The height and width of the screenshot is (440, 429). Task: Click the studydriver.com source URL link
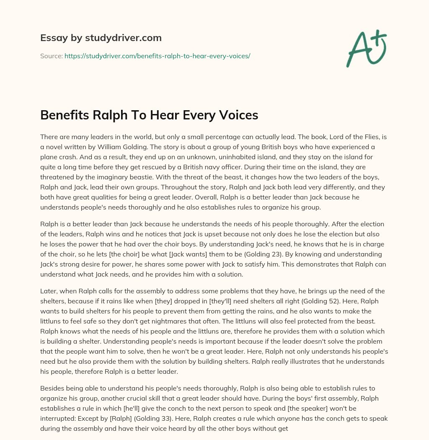[x=157, y=55]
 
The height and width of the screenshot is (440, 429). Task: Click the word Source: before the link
[x=52, y=55]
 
